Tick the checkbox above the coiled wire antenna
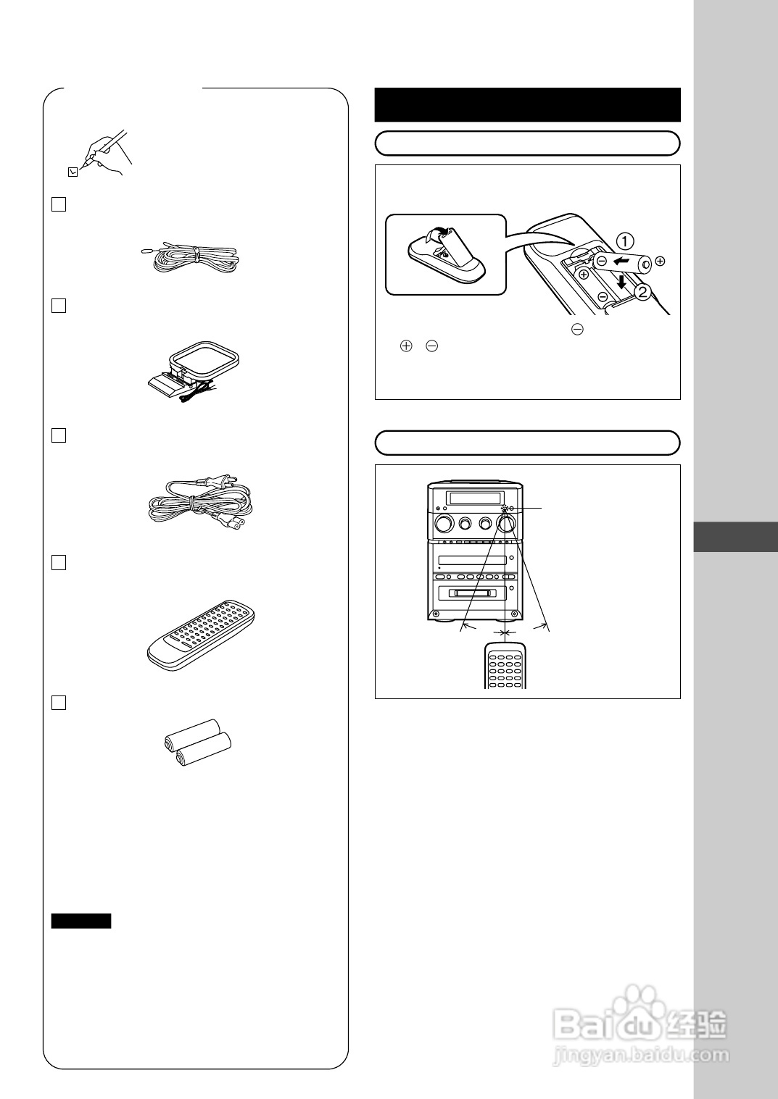click(59, 204)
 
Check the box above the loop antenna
click(59, 306)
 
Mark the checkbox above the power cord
click(59, 435)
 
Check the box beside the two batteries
click(59, 702)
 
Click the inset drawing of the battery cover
click(444, 254)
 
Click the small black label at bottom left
click(81, 921)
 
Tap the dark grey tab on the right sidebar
click(735, 537)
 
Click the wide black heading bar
click(527, 105)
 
